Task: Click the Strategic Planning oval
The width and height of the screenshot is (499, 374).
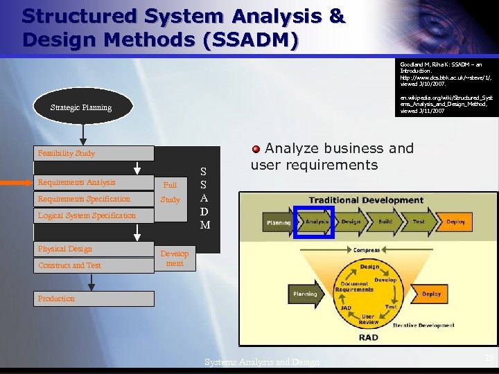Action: tap(81, 107)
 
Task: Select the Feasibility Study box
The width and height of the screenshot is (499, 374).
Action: tap(94, 153)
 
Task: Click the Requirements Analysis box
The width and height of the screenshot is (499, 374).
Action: tap(94, 183)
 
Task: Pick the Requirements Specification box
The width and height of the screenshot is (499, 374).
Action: tap(94, 199)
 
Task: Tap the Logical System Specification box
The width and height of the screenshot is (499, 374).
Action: tap(94, 215)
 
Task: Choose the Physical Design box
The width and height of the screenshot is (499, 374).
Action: tap(94, 249)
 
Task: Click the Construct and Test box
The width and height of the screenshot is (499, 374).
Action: tap(94, 265)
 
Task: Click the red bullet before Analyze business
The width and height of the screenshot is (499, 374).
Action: tap(256, 148)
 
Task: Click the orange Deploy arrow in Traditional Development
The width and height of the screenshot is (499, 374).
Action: tap(455, 222)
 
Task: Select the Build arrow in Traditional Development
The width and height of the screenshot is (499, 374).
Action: tap(385, 222)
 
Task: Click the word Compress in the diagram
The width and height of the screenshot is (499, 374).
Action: tap(367, 250)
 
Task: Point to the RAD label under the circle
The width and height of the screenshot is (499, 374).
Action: tap(368, 337)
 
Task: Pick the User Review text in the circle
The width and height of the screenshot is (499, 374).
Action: tap(368, 319)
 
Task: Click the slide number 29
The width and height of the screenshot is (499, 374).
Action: tap(489, 358)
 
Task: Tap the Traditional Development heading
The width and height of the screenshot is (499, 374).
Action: tap(366, 200)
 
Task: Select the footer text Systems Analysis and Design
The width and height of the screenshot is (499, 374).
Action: tap(263, 362)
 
